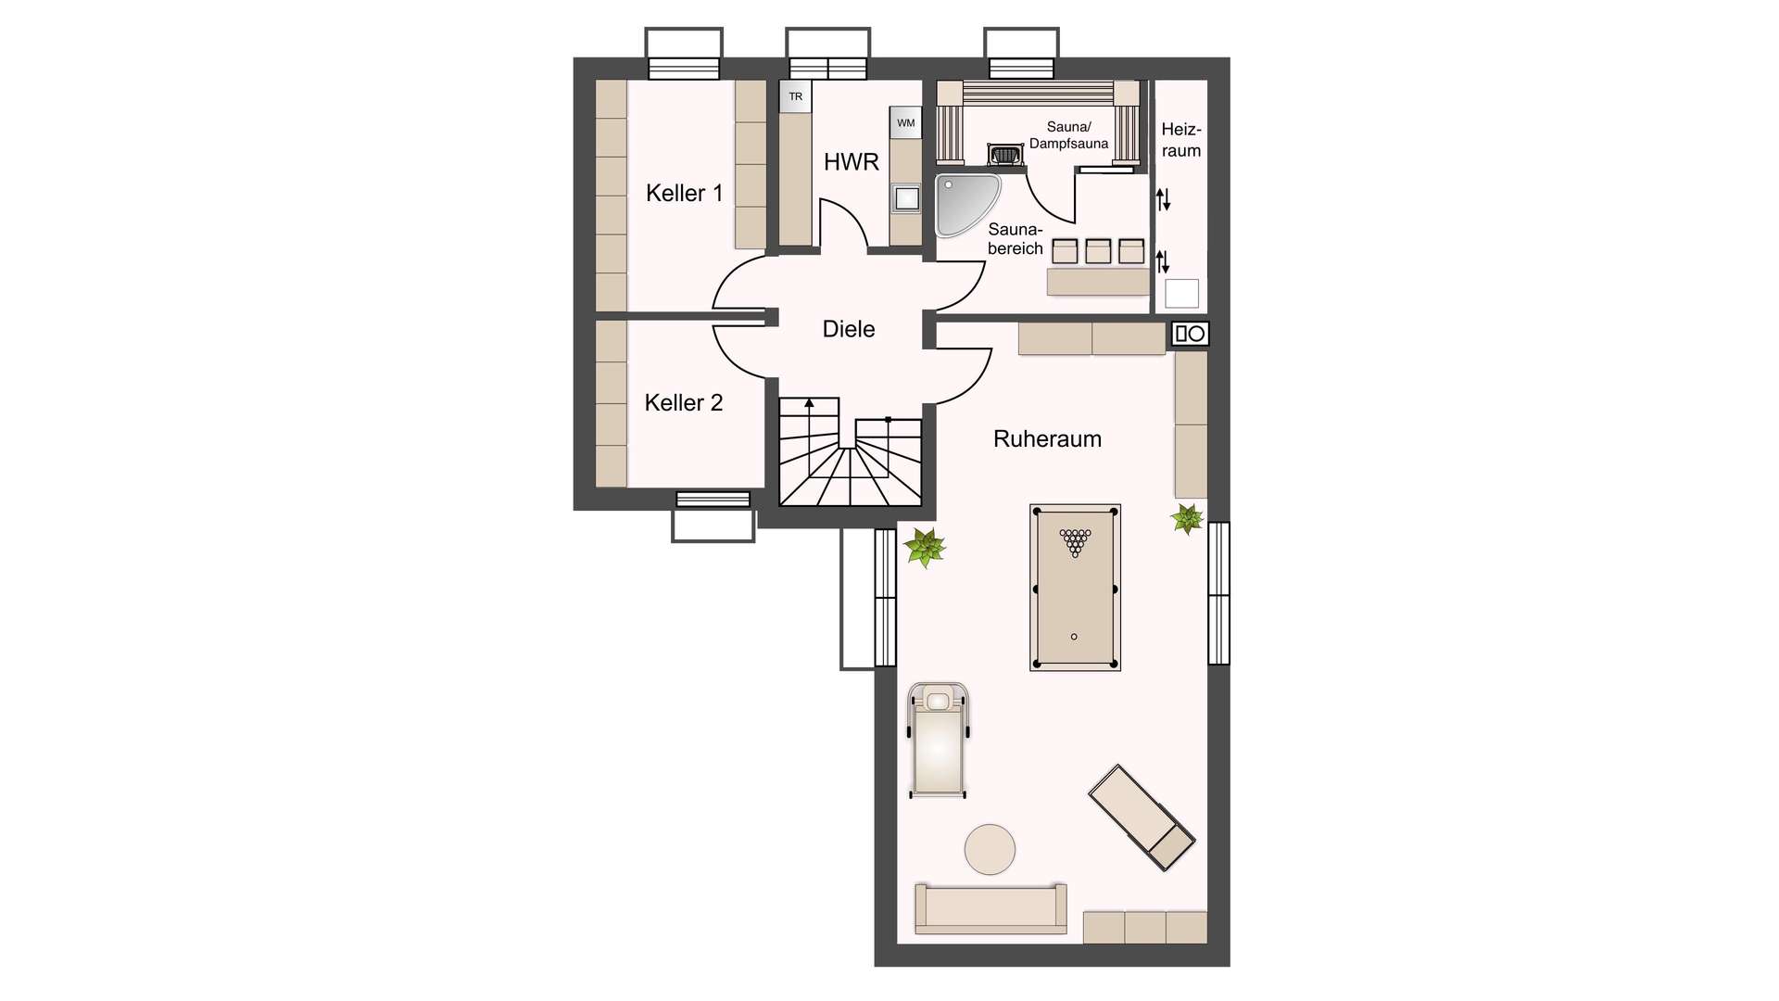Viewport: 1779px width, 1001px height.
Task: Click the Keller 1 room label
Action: [684, 193]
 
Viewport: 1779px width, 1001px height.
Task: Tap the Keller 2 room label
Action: [683, 402]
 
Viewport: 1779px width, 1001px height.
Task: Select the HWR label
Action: [851, 162]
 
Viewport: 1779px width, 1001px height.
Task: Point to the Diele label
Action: [849, 329]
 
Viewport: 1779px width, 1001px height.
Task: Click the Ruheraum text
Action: [1047, 439]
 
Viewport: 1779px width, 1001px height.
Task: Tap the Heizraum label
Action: [1181, 140]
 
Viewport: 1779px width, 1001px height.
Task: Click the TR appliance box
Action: [795, 96]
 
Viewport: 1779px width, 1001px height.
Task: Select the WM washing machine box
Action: [905, 122]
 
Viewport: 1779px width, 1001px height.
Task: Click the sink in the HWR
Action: [906, 197]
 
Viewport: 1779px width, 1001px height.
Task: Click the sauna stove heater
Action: [1003, 154]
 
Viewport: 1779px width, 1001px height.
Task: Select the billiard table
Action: [1075, 588]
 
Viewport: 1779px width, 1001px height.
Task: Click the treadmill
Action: [939, 740]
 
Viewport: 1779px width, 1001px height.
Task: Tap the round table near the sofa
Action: [990, 849]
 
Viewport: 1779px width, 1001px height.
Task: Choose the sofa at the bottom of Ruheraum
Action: [990, 908]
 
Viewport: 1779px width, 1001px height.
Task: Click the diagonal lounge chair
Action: [1142, 817]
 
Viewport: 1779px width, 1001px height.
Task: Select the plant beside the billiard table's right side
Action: [1187, 519]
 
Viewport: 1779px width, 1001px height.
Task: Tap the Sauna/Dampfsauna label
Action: [1068, 135]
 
